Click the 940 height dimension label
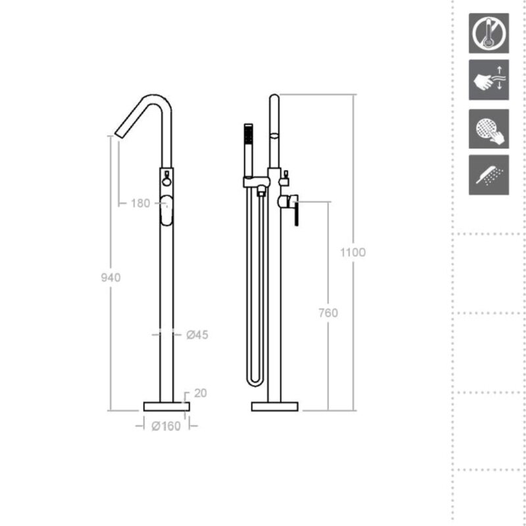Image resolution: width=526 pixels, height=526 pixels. point(110,277)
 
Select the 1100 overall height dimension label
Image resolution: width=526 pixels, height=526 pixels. point(353,252)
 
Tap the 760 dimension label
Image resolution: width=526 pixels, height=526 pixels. point(328,313)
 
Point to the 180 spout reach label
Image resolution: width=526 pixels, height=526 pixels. point(140,203)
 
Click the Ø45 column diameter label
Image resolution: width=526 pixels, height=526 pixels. point(197,335)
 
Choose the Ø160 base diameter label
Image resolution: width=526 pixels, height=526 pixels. point(166,426)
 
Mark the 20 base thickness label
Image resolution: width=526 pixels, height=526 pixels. point(201,393)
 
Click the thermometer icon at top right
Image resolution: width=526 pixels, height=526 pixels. point(489,34)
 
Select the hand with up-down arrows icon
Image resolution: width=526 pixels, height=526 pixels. point(489,80)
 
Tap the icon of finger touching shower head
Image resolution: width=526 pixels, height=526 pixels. point(489,129)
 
